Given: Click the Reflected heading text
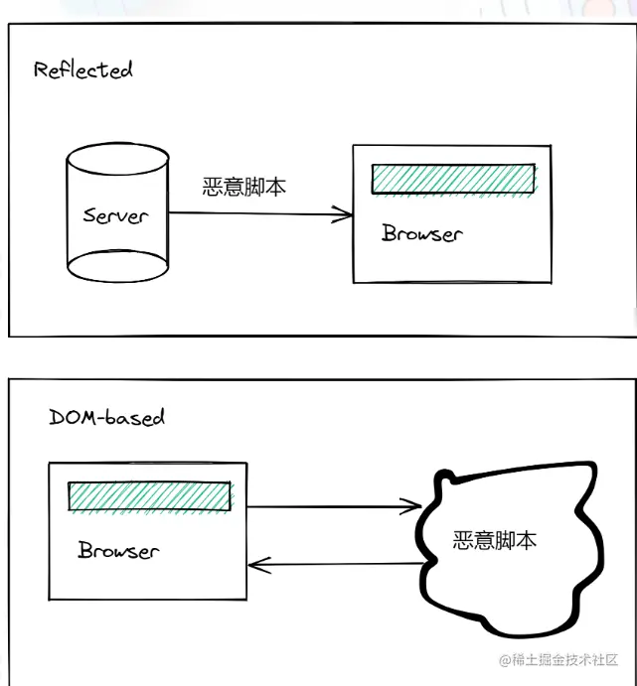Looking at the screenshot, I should click(x=82, y=70).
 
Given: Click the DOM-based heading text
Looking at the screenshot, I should click(x=106, y=417).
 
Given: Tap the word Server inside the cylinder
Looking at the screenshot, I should click(x=115, y=214).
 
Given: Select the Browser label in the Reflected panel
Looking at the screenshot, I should click(x=421, y=234).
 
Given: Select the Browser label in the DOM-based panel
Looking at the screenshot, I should click(x=118, y=550).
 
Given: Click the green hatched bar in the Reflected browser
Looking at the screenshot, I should click(x=452, y=179).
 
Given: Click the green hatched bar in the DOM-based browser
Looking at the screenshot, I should click(x=149, y=496).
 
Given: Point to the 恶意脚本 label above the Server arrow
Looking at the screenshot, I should click(x=244, y=187).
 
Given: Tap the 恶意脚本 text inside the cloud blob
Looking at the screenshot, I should click(x=495, y=541).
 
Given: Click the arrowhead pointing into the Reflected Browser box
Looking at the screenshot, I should click(x=345, y=214).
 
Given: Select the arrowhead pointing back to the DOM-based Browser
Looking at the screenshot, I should click(x=255, y=567).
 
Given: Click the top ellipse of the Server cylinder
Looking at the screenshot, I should click(x=115, y=161).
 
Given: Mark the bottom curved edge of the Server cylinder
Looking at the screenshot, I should click(x=115, y=279).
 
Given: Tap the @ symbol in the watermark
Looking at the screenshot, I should click(x=504, y=660).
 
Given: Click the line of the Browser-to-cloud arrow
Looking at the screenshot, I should click(x=328, y=507).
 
